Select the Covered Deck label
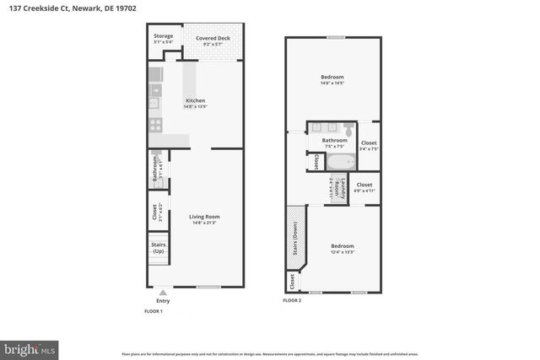pyautogui.click(x=213, y=39)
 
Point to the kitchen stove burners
pyautogui.click(x=155, y=123)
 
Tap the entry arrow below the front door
pyautogui.click(x=163, y=292)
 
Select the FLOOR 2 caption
pyautogui.click(x=292, y=300)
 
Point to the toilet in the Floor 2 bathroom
pyautogui.click(x=348, y=132)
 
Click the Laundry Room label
pyautogui.click(x=332, y=190)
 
